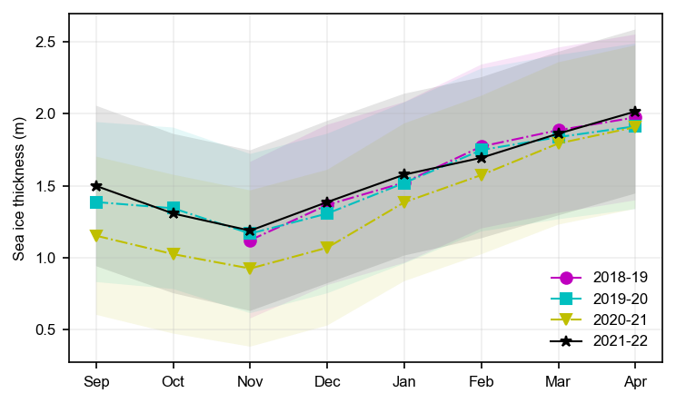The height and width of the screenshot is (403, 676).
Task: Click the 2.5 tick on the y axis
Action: click(46, 42)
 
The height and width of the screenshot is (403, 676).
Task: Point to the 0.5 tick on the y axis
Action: click(46, 329)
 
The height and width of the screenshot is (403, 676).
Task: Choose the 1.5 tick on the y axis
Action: click(46, 186)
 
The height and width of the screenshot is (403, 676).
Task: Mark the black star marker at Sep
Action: click(96, 186)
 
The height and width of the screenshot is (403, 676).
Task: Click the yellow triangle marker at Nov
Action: click(250, 270)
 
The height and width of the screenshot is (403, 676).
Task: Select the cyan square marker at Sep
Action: click(96, 202)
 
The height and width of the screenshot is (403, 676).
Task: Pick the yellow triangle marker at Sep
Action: click(96, 236)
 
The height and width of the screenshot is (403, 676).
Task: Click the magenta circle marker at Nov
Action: click(250, 241)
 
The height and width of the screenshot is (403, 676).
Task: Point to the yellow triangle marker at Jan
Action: click(404, 202)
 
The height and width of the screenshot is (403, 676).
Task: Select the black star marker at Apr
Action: click(635, 112)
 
